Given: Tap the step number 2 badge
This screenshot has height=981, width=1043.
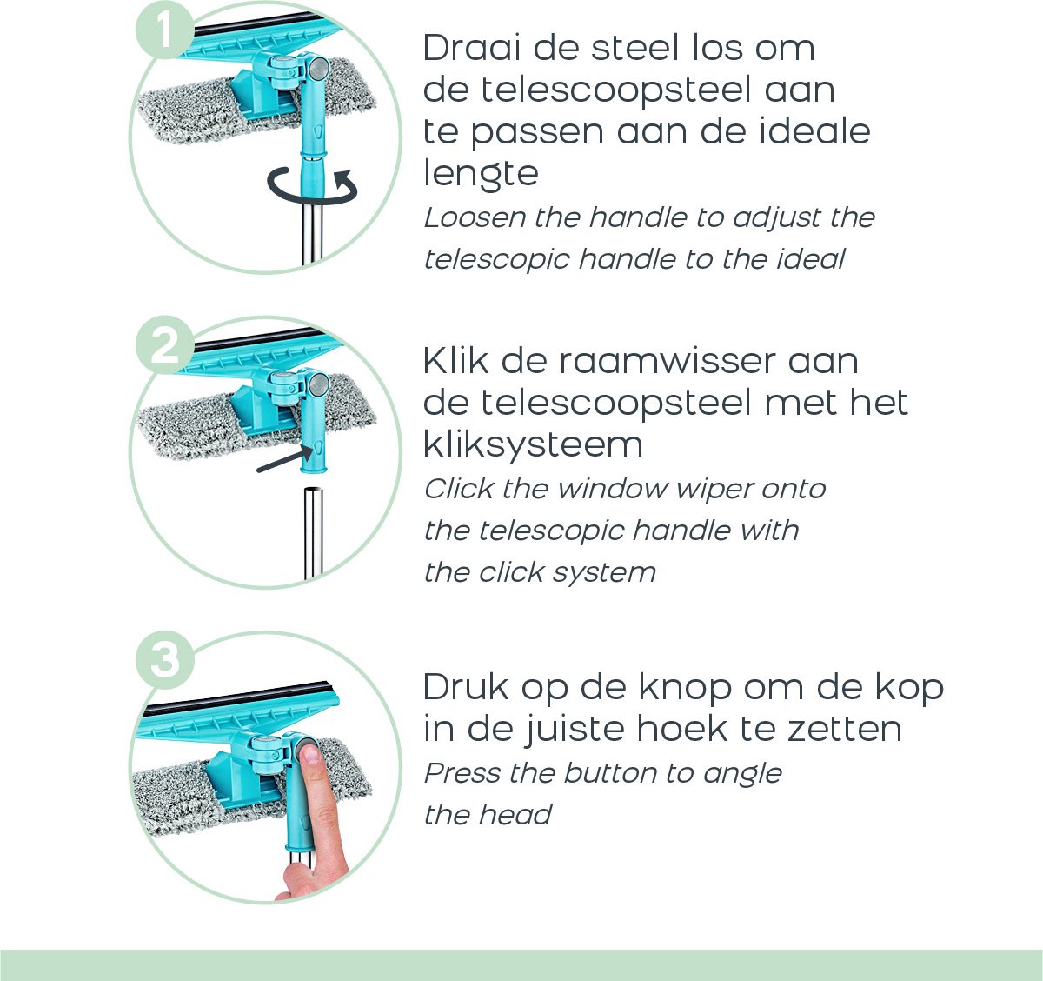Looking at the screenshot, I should (163, 347).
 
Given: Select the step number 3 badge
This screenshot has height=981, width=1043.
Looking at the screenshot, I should (163, 660).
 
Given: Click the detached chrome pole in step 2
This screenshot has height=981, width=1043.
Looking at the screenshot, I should (312, 532).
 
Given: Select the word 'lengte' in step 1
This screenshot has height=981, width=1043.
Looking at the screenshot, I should (481, 173).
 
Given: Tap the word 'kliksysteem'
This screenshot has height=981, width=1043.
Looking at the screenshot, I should (533, 444).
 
